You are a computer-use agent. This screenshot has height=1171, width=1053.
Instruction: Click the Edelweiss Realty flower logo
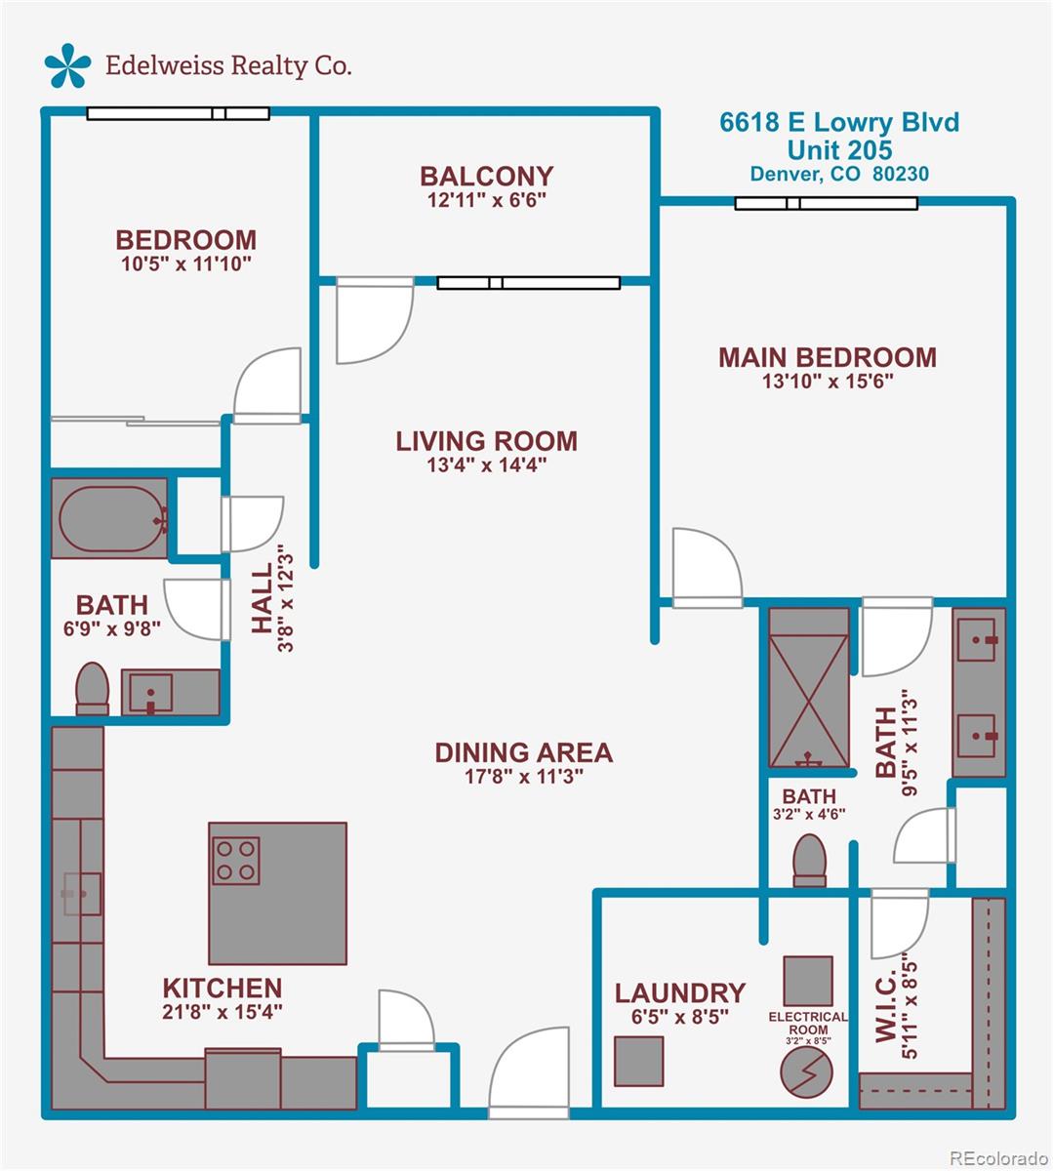click(67, 65)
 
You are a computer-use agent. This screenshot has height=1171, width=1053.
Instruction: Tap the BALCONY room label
click(487, 177)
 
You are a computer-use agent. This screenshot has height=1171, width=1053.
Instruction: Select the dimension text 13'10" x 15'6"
click(828, 382)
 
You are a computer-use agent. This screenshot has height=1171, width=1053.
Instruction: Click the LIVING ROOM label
click(487, 441)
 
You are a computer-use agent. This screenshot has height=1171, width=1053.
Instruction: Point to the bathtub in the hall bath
click(109, 518)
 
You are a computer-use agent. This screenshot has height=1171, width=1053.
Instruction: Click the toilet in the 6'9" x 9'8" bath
click(93, 688)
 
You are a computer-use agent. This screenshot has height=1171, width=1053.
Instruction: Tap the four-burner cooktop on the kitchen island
click(236, 861)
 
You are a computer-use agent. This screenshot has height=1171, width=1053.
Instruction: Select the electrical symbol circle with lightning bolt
click(806, 1070)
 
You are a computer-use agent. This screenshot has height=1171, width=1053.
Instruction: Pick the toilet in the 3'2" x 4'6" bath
click(809, 861)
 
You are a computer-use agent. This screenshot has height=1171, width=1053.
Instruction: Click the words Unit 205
click(840, 150)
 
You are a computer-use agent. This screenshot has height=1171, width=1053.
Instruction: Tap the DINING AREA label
click(524, 752)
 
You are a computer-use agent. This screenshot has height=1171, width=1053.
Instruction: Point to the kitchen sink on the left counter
click(82, 894)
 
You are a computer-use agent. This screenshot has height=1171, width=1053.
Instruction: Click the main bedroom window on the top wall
click(826, 203)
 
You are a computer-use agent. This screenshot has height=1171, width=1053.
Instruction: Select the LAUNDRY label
click(680, 993)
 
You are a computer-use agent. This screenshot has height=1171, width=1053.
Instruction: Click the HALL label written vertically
click(263, 598)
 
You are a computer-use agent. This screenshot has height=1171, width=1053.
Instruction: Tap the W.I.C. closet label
click(885, 1015)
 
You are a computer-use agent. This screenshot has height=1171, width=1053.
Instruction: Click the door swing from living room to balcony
click(375, 320)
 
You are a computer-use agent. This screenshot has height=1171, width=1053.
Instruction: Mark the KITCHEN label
click(223, 989)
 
